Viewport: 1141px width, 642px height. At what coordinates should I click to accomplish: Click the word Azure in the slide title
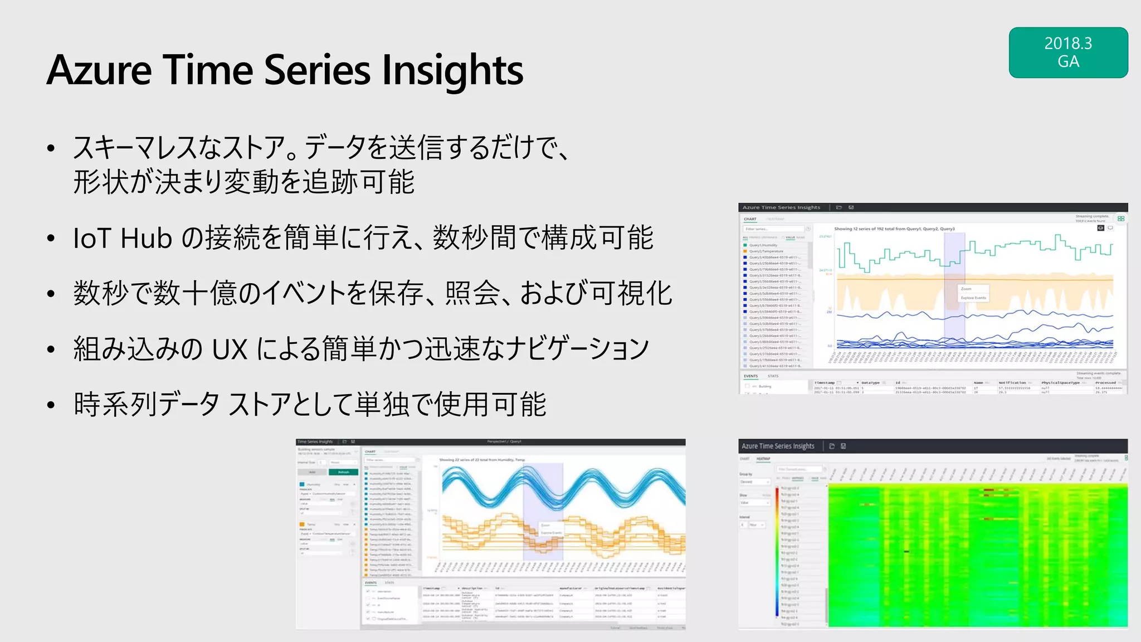(99, 70)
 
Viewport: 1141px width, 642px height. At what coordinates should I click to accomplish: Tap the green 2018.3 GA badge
(1068, 52)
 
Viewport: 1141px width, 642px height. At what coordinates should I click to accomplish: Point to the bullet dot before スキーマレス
(51, 148)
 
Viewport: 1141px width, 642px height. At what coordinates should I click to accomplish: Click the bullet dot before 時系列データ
(51, 405)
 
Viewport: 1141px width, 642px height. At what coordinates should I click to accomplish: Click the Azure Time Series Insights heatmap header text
(778, 446)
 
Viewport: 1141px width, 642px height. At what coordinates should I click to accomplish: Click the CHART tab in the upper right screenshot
(750, 219)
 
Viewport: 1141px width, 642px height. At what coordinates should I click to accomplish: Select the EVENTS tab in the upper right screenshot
(751, 376)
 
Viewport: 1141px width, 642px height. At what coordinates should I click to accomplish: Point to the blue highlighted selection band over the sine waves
(543, 502)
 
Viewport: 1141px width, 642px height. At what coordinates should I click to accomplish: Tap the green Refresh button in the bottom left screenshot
(343, 472)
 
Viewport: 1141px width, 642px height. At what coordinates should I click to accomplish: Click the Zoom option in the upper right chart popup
(966, 289)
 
